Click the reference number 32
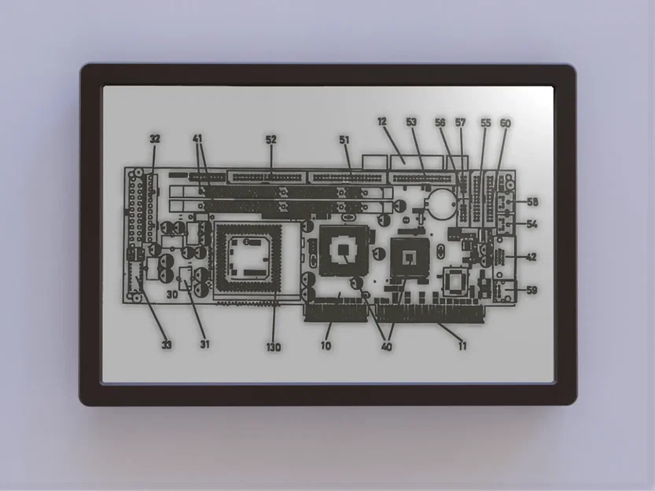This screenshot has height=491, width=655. [155, 139]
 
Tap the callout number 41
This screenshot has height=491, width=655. [198, 139]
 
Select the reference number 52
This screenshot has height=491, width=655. [271, 139]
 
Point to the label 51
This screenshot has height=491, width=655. [344, 139]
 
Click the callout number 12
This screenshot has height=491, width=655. [382, 122]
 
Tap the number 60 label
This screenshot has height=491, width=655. [505, 123]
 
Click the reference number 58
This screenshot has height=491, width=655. [532, 202]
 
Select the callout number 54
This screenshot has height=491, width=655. [532, 225]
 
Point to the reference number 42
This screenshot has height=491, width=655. [532, 257]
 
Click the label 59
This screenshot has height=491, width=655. [532, 291]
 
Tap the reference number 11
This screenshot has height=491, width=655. [462, 344]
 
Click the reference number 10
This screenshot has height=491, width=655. [326, 345]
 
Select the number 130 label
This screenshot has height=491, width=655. [273, 346]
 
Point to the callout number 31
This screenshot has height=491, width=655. [205, 343]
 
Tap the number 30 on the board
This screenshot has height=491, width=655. [171, 295]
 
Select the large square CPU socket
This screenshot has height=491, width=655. [248, 256]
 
